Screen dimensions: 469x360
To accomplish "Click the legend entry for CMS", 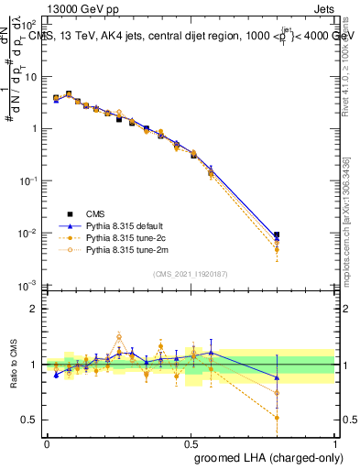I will point(93,211).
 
